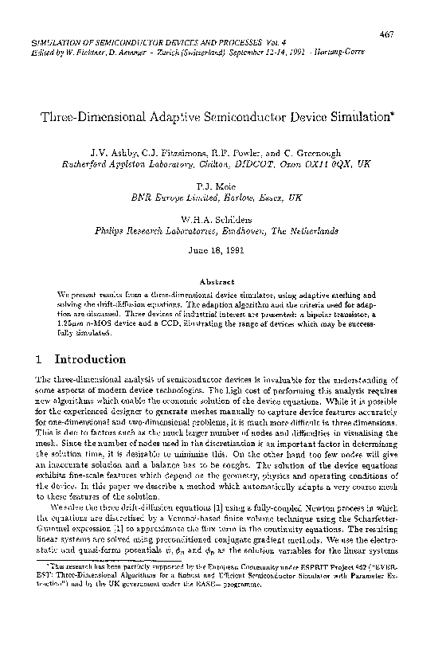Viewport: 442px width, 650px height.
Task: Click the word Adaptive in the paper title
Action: [190, 118]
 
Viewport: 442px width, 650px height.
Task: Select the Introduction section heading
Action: [89, 358]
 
